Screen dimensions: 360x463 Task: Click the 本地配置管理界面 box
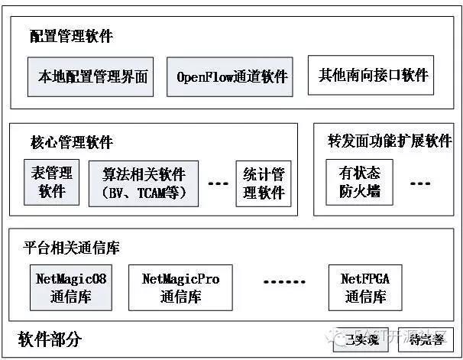click(x=91, y=76)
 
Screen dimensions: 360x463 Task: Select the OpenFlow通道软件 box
click(x=230, y=76)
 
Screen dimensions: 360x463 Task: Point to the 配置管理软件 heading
click(x=71, y=36)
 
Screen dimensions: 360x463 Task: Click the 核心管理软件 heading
click(x=71, y=142)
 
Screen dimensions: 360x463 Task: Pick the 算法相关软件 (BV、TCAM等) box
click(x=144, y=183)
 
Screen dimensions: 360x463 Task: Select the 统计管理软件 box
click(x=263, y=183)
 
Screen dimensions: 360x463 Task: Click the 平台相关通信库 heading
click(x=71, y=248)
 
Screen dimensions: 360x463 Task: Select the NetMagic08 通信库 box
click(x=71, y=287)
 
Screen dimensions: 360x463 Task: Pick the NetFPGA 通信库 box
click(x=364, y=287)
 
